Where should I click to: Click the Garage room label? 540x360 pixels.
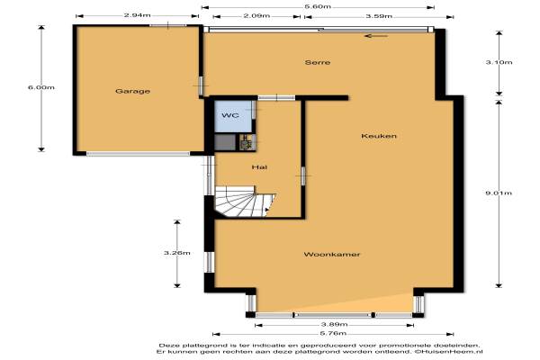tap(132, 91)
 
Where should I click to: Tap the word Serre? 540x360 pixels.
tap(318, 62)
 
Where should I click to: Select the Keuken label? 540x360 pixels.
tap(379, 136)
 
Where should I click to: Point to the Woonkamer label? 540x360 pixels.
tap(332, 255)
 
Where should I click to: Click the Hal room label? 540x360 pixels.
tap(259, 167)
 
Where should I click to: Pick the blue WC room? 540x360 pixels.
tap(233, 116)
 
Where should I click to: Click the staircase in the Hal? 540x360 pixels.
tap(244, 202)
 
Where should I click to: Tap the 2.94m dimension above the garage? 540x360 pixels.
tap(137, 15)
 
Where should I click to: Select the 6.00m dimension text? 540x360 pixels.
tap(41, 87)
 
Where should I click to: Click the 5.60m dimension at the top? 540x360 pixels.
tap(318, 6)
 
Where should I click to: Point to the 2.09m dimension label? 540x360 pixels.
tap(256, 16)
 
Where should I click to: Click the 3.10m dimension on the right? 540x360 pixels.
tap(499, 62)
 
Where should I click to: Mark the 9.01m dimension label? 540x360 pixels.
tap(499, 193)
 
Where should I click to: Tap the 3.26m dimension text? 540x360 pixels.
tap(177, 253)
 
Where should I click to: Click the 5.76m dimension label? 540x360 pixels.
tap(333, 334)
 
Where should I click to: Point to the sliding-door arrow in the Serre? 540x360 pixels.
tap(376, 36)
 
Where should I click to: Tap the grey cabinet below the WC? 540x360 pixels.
tap(225, 142)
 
